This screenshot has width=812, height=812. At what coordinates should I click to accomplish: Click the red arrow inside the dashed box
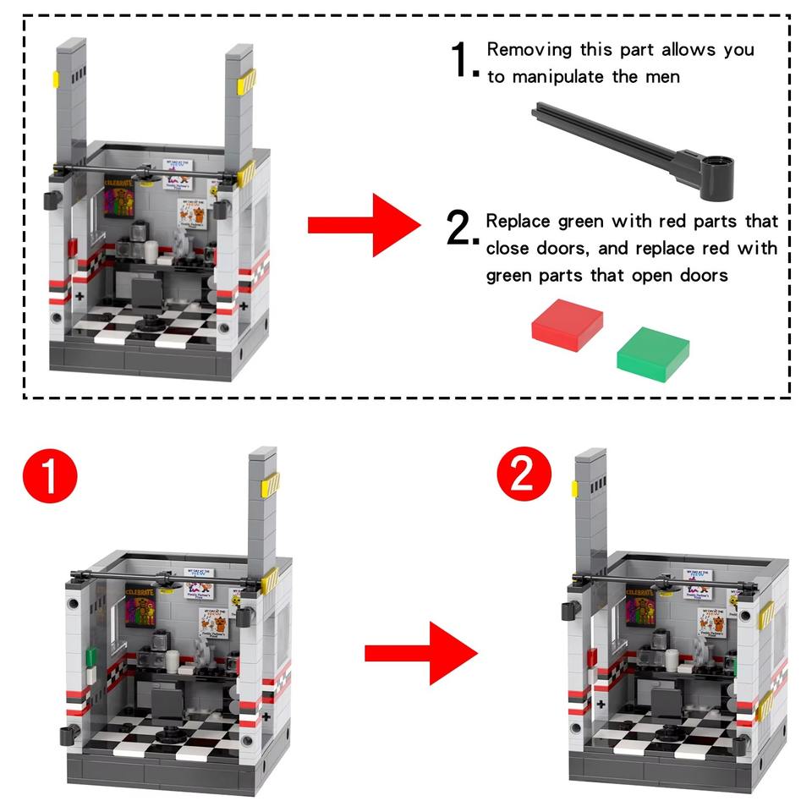(x=363, y=225)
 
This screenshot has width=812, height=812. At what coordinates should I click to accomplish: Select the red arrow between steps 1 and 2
(x=420, y=652)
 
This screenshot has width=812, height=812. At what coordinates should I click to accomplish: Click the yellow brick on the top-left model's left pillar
(x=56, y=80)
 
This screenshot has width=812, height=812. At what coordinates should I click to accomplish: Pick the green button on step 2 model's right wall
(x=736, y=665)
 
